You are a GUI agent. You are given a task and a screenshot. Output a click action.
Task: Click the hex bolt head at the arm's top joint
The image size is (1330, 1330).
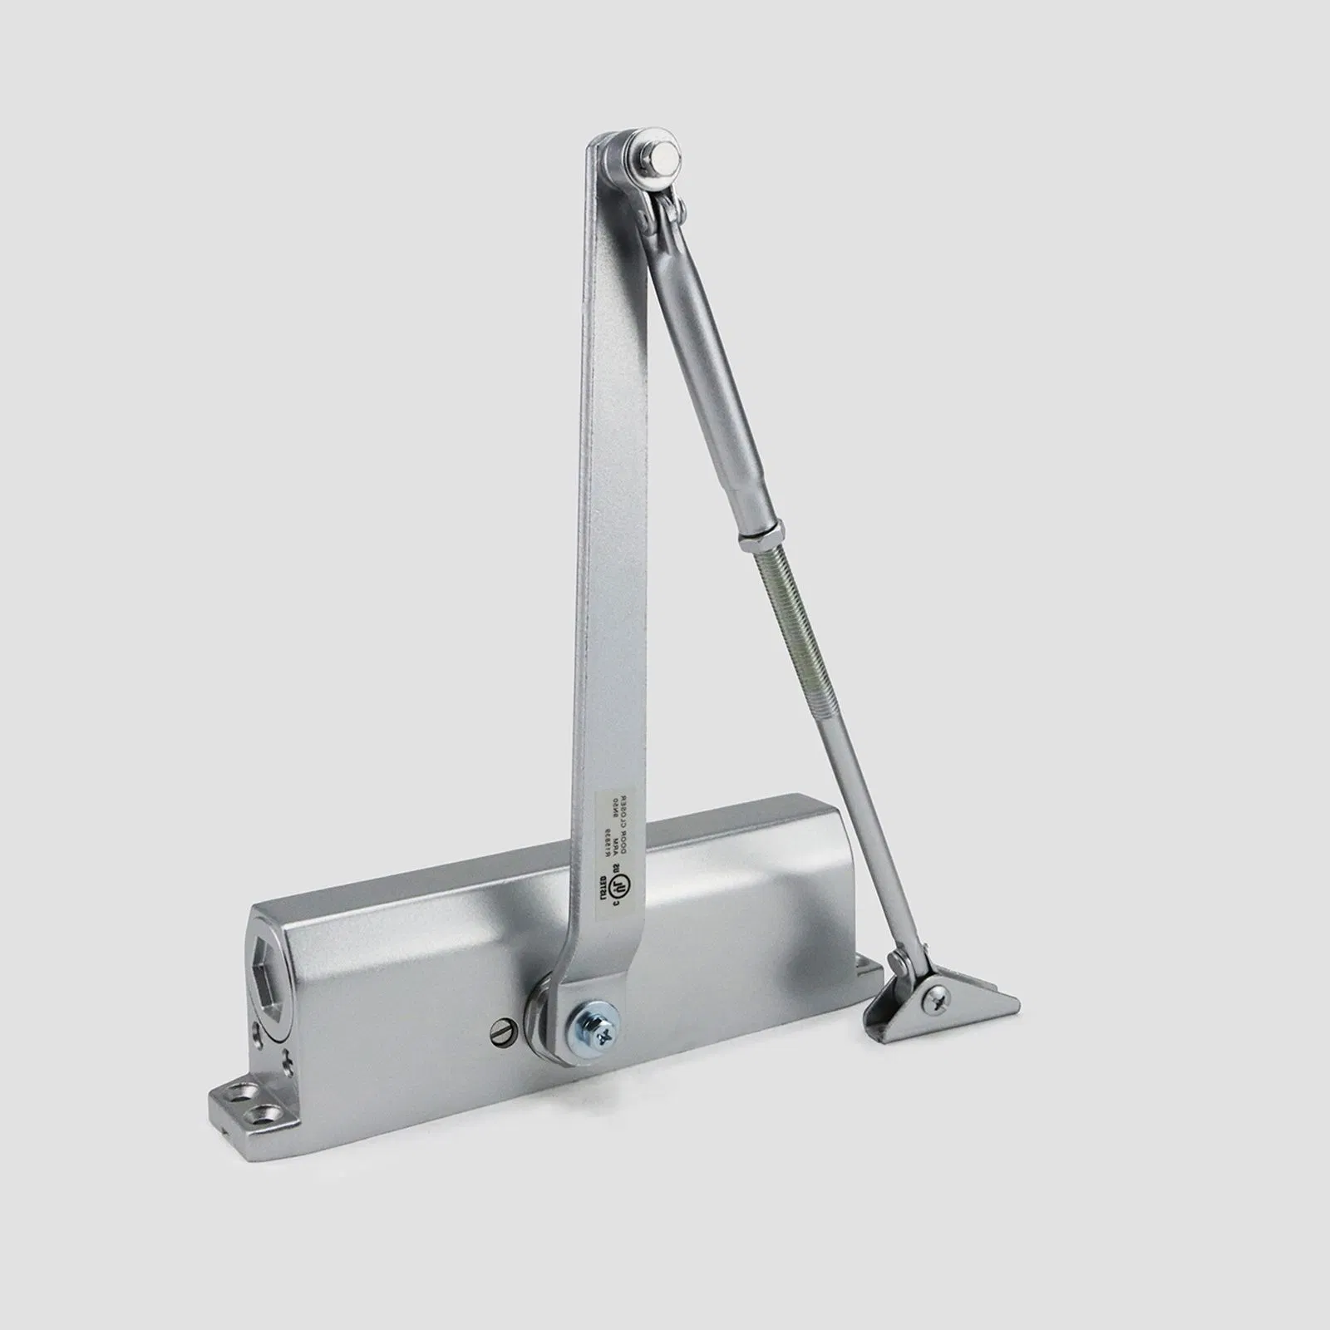click(x=663, y=155)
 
